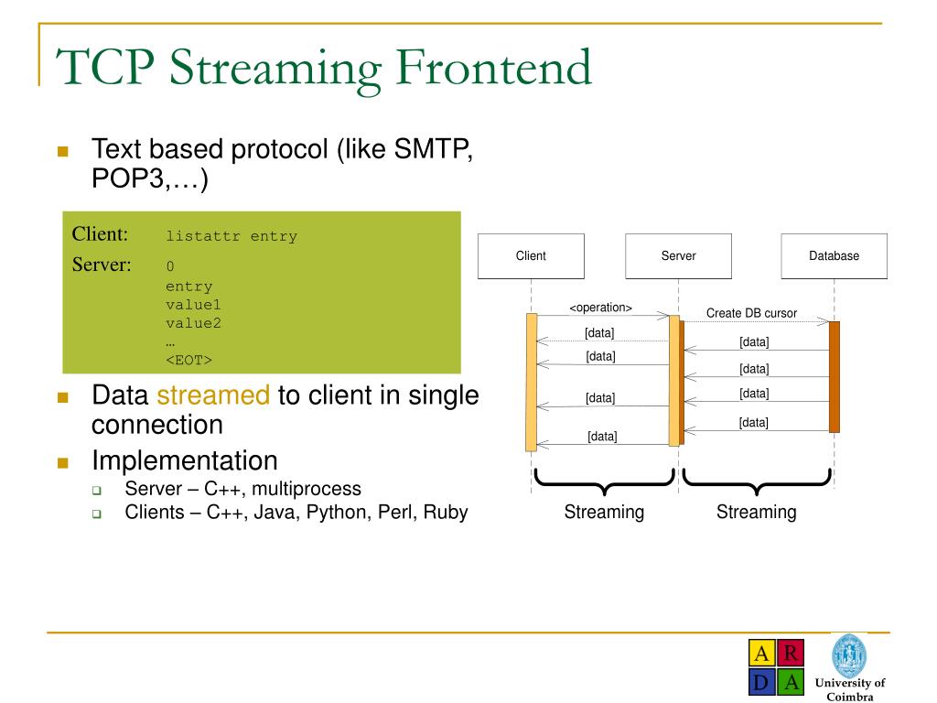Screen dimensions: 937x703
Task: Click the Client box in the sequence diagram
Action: pyautogui.click(x=531, y=256)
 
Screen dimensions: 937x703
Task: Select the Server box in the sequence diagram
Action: pyautogui.click(x=678, y=256)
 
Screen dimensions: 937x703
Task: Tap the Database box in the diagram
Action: pyautogui.click(x=834, y=256)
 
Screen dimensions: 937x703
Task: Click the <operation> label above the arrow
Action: pyautogui.click(x=600, y=308)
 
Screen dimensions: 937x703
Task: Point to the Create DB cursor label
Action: pyautogui.click(x=751, y=313)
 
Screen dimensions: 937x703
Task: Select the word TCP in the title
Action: pyautogui.click(x=100, y=69)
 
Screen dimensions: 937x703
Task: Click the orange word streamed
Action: pyautogui.click(x=213, y=395)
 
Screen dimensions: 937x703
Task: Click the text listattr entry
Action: pyautogui.click(x=232, y=236)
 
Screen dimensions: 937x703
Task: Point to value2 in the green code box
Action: pyautogui.click(x=193, y=323)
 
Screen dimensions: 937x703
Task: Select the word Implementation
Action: pyautogui.click(x=185, y=460)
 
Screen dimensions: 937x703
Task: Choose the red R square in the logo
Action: pyautogui.click(x=792, y=654)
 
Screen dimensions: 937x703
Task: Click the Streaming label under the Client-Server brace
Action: pyautogui.click(x=604, y=513)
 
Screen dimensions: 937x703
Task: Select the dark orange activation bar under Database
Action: pyautogui.click(x=834, y=376)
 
